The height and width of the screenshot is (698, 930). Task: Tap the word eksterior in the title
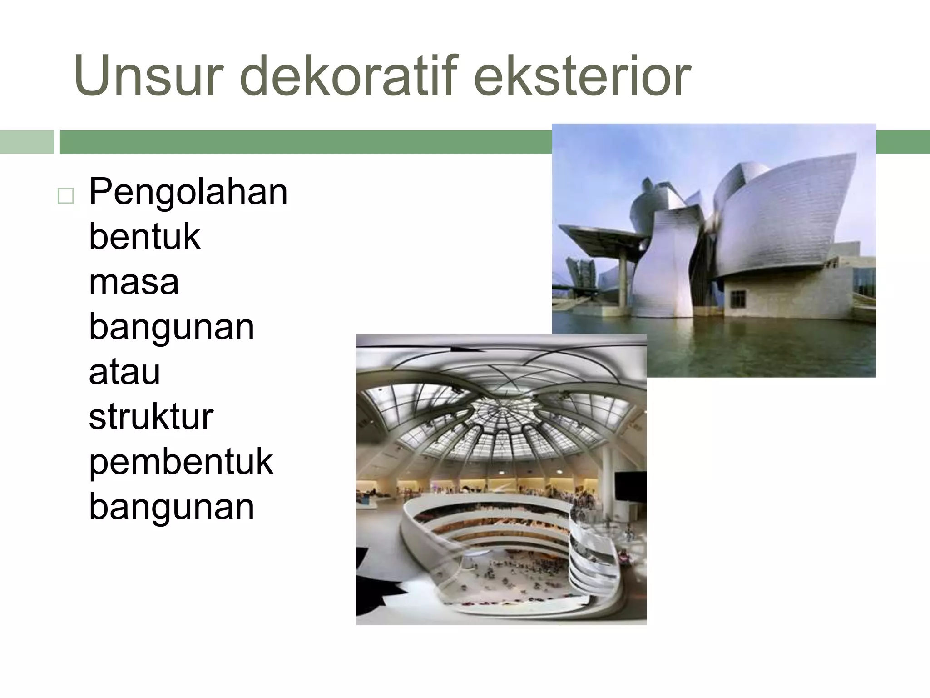point(582,76)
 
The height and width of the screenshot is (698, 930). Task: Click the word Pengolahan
point(188,193)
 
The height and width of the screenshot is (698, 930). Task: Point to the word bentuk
point(144,237)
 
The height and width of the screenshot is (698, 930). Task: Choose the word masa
point(134,282)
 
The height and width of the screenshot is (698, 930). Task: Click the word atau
point(124,372)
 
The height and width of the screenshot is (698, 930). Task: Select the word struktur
point(151,417)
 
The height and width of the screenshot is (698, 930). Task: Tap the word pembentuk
point(181,463)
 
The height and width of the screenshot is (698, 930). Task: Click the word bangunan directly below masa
point(171,327)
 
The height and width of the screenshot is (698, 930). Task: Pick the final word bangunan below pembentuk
point(171,507)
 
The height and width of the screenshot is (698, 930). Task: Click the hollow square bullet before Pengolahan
point(66,196)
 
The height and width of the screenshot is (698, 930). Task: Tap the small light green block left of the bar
point(27,142)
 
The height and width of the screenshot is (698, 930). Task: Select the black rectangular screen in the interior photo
point(630,488)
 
